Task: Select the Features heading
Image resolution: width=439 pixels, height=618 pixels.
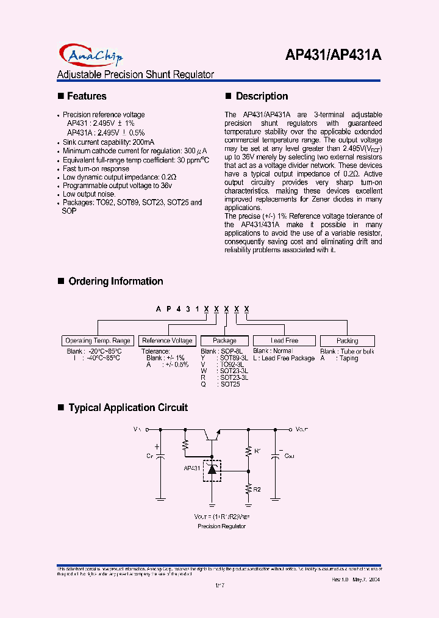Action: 86,96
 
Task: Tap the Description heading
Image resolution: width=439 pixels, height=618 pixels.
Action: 262,96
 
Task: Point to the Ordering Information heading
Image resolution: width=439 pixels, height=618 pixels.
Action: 115,282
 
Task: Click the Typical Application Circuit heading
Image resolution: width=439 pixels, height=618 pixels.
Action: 127,408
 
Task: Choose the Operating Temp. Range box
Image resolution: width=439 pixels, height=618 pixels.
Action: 98,341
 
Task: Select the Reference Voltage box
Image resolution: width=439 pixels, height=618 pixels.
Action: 167,341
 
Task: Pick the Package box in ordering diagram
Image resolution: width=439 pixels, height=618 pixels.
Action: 224,341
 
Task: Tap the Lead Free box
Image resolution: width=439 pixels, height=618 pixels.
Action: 284,341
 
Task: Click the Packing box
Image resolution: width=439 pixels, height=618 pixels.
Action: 347,341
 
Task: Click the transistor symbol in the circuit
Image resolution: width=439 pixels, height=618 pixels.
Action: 212,434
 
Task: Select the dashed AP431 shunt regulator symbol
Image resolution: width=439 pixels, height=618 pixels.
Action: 212,469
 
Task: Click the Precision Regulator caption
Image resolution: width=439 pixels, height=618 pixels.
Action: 221,526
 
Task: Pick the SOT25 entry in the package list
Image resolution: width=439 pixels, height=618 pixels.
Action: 229,385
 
